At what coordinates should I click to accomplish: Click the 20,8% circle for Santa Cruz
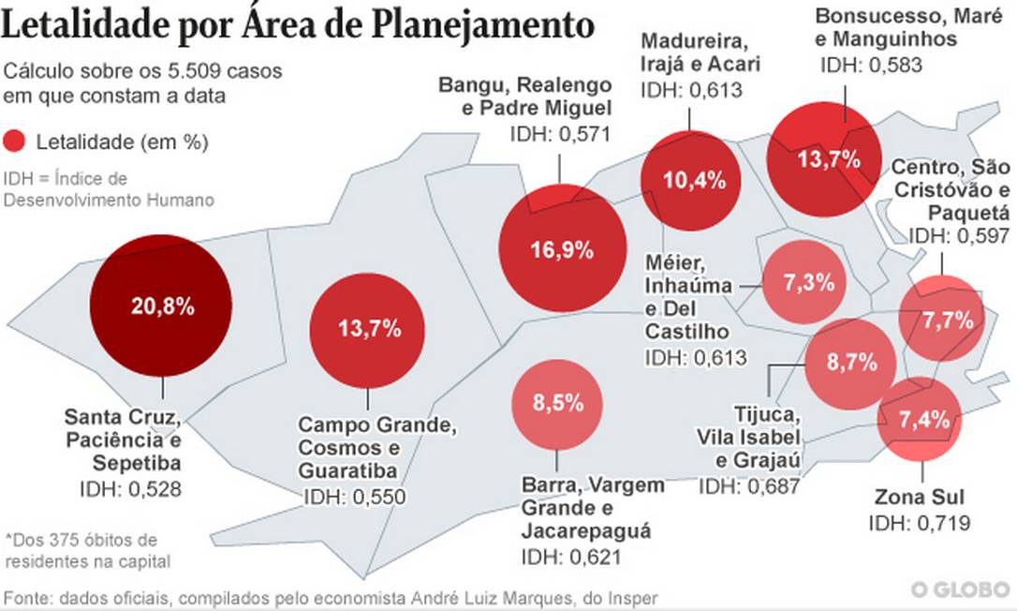(160, 305)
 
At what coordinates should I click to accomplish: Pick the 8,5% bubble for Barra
(558, 403)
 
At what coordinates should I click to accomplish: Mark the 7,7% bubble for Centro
(943, 320)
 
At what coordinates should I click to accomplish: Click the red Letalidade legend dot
(15, 142)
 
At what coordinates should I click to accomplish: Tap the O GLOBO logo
(961, 589)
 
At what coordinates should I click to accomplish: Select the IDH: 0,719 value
(920, 523)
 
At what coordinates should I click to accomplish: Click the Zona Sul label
(919, 498)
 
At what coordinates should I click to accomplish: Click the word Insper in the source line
(635, 597)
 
